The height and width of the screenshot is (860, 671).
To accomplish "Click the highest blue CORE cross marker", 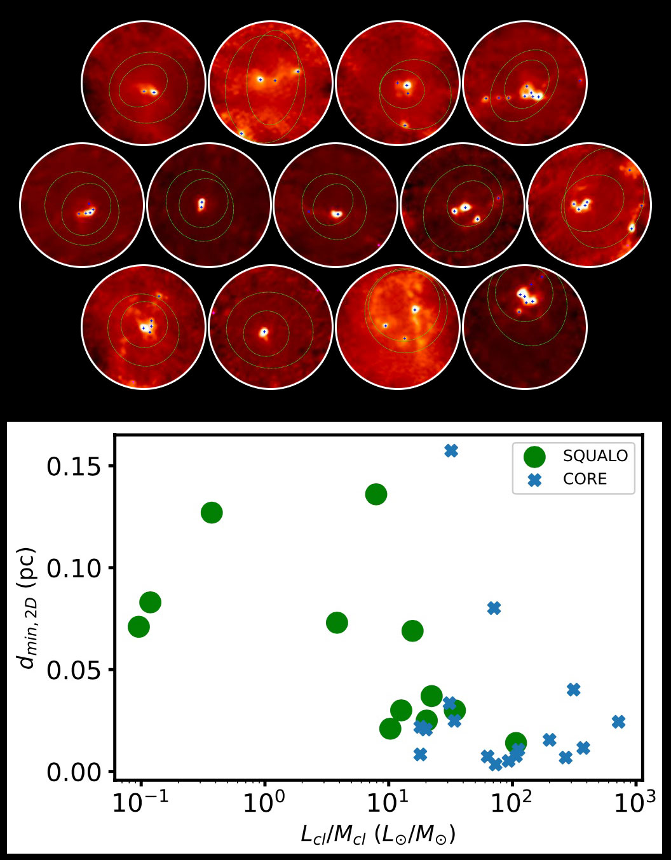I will (x=451, y=450).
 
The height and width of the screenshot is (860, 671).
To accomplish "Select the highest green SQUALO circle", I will (x=376, y=494).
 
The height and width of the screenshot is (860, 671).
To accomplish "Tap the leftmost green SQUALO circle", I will (x=139, y=627).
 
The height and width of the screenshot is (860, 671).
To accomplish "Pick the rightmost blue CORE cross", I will (x=618, y=722).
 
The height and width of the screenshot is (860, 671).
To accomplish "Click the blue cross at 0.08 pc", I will (x=494, y=608).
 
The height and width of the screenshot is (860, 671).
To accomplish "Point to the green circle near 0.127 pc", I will (x=212, y=513).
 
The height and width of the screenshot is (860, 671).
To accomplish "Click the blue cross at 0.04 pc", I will (x=573, y=689).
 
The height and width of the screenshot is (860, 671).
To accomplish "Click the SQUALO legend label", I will (x=595, y=456).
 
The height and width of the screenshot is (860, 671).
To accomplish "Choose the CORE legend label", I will (x=585, y=479).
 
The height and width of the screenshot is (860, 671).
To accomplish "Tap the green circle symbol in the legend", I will (x=534, y=456).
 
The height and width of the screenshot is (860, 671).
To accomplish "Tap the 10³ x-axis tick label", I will (x=634, y=803).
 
